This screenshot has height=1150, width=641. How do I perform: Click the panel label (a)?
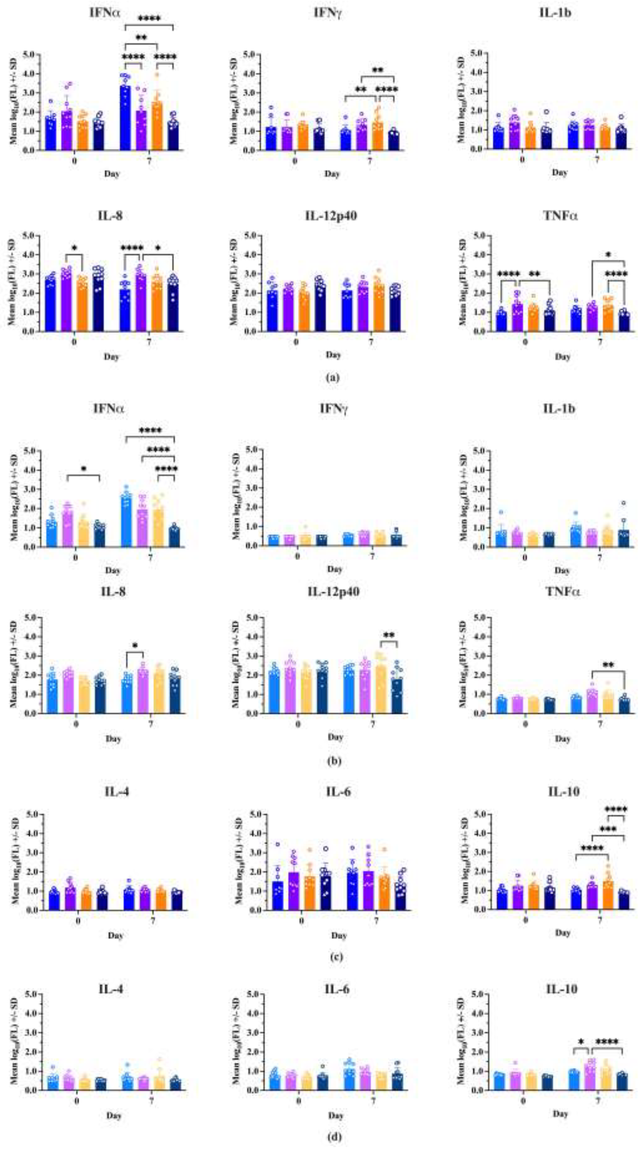tap(333, 378)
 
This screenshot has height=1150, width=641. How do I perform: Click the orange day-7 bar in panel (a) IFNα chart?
tap(157, 126)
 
